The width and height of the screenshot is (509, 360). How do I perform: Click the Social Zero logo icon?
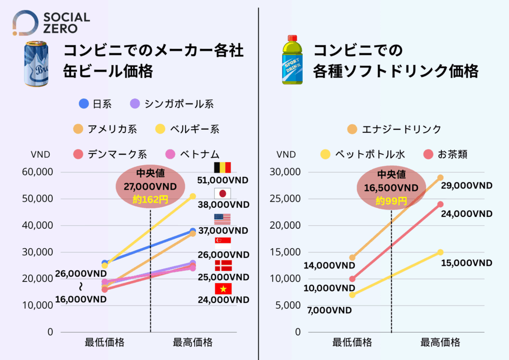pyautogui.click(x=25, y=23)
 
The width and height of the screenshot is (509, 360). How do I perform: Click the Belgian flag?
pyautogui.click(x=222, y=168)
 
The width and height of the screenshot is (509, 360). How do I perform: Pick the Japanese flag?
pyautogui.click(x=222, y=193)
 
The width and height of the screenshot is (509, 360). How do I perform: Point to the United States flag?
pyautogui.click(x=222, y=219)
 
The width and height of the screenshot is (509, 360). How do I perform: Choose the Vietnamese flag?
pyautogui.click(x=222, y=289)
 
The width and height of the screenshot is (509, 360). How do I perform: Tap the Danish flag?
pyautogui.click(x=222, y=265)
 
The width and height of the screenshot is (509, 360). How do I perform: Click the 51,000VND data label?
pyautogui.click(x=222, y=180)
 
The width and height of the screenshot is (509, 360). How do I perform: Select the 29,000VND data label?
pyautogui.click(x=466, y=185)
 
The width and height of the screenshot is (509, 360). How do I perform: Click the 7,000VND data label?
pyautogui.click(x=329, y=311)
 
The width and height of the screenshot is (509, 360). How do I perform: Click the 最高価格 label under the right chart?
pyautogui.click(x=440, y=343)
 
